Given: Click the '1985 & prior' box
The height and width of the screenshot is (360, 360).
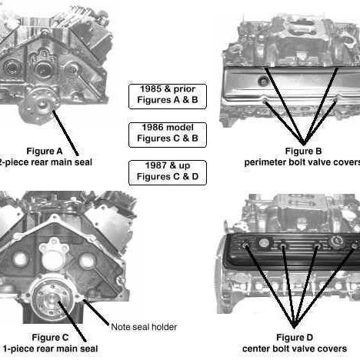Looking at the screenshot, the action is [x=168, y=96].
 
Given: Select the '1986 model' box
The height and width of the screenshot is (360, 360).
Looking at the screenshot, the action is [x=168, y=135].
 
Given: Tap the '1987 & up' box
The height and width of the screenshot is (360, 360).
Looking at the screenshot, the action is [x=168, y=173].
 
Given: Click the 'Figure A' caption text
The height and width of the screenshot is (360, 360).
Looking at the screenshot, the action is [x=45, y=151].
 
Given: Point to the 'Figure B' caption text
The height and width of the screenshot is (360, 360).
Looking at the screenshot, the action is [x=303, y=151].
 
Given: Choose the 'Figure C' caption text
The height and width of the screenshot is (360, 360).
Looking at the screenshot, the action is [x=50, y=338].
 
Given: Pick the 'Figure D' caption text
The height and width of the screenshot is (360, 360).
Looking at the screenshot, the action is [x=295, y=338].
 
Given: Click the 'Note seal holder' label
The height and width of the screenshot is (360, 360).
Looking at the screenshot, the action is [x=144, y=327].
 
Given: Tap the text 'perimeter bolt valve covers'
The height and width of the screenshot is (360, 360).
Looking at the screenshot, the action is [x=302, y=162].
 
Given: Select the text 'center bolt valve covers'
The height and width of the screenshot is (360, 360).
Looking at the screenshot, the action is [x=295, y=348].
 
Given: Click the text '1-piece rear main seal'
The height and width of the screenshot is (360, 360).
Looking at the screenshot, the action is [x=50, y=348].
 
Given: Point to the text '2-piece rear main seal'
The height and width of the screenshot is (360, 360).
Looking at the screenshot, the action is [x=45, y=162].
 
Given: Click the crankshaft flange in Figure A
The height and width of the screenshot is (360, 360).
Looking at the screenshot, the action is [x=39, y=105].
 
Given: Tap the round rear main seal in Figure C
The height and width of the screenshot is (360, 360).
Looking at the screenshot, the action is [x=52, y=299].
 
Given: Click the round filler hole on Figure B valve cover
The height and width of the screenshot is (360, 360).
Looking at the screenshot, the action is [x=263, y=82].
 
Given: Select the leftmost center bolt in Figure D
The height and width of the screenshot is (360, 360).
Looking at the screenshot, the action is [x=245, y=245].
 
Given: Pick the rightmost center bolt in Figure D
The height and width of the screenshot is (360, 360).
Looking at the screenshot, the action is [x=354, y=245].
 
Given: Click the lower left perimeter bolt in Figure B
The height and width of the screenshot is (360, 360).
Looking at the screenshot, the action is [x=265, y=100].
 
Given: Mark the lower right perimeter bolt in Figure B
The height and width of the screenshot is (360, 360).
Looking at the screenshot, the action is [x=336, y=99].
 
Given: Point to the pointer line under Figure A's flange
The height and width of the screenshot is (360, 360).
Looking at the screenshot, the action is [x=65, y=133].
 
